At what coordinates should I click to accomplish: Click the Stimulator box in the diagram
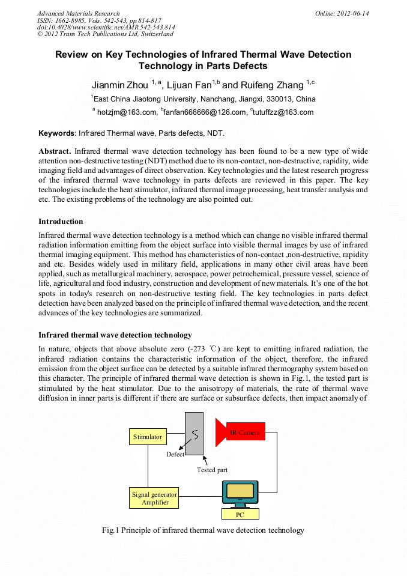pyautogui.click(x=147, y=437)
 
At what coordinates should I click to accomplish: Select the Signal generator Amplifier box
pyautogui.click(x=154, y=498)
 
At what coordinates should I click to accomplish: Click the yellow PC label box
pyautogui.click(x=240, y=514)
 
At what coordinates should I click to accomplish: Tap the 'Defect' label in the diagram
pyautogui.click(x=175, y=454)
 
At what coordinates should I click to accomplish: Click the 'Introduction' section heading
pyautogui.click(x=61, y=222)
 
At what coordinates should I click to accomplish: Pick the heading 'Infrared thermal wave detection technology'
pyautogui.click(x=115, y=335)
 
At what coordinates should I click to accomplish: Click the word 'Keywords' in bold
pyautogui.click(x=57, y=132)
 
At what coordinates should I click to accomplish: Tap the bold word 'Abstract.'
pyautogui.click(x=55, y=151)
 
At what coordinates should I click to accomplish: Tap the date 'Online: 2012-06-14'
pyautogui.click(x=342, y=13)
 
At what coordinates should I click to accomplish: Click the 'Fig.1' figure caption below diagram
pyautogui.click(x=203, y=530)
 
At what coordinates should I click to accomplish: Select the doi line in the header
pyautogui.click(x=106, y=28)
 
